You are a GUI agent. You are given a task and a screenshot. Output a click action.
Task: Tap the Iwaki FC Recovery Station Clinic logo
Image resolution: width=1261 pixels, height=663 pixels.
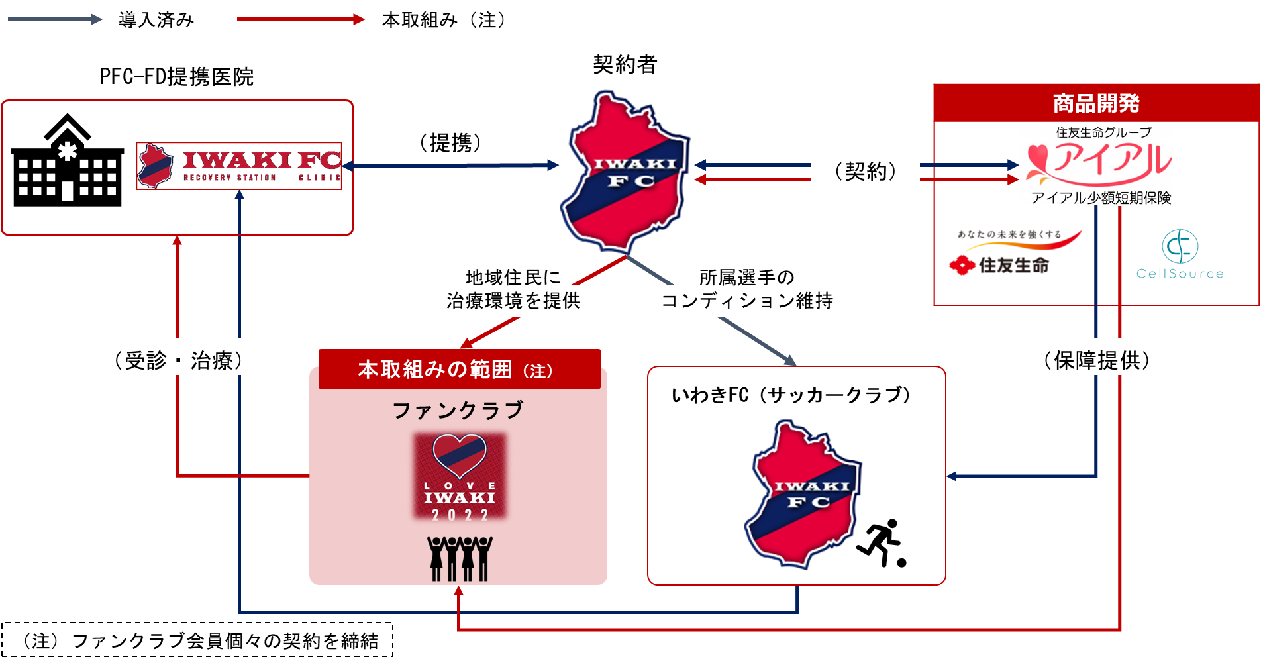coord(239,166)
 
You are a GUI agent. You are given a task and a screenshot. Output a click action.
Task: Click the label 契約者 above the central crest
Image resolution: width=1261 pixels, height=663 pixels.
coord(625,64)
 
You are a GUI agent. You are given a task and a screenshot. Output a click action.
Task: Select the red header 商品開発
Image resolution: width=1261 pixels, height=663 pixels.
coord(1096,103)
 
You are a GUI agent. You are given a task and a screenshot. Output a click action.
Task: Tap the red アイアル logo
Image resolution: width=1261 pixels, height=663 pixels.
coord(1099,162)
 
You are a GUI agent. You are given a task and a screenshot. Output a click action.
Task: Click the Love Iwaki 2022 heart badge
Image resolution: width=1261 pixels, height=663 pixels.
coord(460,476)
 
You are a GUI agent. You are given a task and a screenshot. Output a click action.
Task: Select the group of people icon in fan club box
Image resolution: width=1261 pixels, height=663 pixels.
coord(460,558)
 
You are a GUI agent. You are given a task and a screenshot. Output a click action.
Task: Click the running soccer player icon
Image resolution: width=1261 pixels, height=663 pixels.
coord(882,543)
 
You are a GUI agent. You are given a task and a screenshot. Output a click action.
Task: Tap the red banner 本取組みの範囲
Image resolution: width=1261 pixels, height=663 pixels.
coord(459,369)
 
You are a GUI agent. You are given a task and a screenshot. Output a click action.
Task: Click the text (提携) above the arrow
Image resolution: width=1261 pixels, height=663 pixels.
coord(450,142)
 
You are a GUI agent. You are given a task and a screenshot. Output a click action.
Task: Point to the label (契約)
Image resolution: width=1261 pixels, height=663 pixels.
coord(866,172)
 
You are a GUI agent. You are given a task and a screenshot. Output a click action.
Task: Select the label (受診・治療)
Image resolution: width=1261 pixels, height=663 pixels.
coord(178,360)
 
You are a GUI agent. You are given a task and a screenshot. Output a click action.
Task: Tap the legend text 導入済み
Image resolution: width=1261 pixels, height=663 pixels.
coord(156,20)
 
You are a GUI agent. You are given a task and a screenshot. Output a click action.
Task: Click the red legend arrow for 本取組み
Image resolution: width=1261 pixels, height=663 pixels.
coord(301,20)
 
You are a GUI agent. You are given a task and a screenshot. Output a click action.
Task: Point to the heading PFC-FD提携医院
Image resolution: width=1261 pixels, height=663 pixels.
coord(177,77)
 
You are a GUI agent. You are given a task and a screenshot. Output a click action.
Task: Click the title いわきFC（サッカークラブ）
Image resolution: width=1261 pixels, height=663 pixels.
coord(791,395)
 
